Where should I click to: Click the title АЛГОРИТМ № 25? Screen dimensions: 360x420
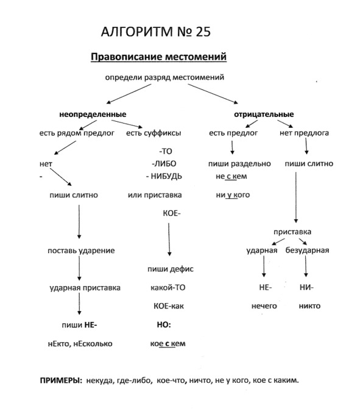[x=156, y=32]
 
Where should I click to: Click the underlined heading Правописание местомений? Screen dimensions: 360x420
[x=159, y=57]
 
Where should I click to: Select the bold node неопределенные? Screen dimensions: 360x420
[x=93, y=114]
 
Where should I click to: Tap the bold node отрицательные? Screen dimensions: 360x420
[x=264, y=114]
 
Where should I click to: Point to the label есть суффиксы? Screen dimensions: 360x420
[x=154, y=133]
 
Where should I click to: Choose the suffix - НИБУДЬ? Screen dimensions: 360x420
[x=164, y=177]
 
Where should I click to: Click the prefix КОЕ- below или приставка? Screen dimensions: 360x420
[x=172, y=213]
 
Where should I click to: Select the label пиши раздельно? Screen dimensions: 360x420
[x=239, y=164]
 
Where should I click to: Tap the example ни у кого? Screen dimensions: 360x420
[x=233, y=195]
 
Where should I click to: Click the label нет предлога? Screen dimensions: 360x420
[x=304, y=133]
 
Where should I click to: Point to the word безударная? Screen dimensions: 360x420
[x=307, y=250]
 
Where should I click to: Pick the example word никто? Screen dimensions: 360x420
[x=309, y=306]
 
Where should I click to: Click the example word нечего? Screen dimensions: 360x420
[x=264, y=306]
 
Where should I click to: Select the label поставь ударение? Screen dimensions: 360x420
[x=81, y=251]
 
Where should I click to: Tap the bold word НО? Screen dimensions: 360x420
[x=164, y=324]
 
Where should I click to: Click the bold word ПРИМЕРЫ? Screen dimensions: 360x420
[x=61, y=380]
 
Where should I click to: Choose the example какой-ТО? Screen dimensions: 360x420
[x=168, y=288]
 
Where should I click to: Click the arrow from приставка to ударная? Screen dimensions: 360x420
[x=278, y=242]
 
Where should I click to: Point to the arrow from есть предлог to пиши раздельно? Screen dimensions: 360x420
[x=232, y=147]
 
